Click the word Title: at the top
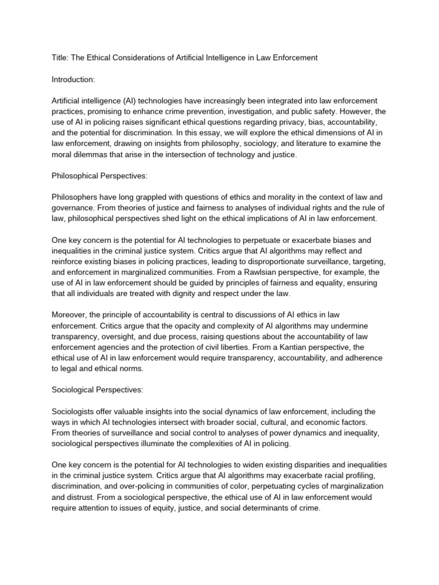tap(61, 58)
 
